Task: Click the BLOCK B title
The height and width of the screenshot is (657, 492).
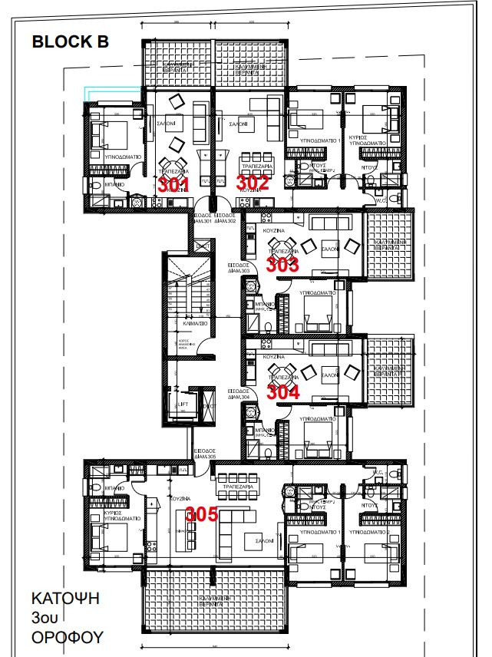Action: pyautogui.click(x=70, y=42)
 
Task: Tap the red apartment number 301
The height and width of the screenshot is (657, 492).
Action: pyautogui.click(x=173, y=184)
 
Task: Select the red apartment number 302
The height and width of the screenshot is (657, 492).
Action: pyautogui.click(x=253, y=182)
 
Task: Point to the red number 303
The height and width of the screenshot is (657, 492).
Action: pyautogui.click(x=282, y=265)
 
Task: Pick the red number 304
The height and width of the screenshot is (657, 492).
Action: pyautogui.click(x=282, y=391)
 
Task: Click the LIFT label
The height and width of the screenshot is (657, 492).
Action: pyautogui.click(x=183, y=404)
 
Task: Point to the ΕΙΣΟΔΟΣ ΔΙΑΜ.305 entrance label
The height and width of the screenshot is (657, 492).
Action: pyautogui.click(x=204, y=453)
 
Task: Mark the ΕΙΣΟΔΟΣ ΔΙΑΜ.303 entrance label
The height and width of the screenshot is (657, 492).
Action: pyautogui.click(x=239, y=269)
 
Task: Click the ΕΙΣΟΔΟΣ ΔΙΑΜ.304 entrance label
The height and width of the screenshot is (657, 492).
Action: pyautogui.click(x=239, y=395)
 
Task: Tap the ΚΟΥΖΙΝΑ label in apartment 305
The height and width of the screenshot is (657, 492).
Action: pyautogui.click(x=180, y=498)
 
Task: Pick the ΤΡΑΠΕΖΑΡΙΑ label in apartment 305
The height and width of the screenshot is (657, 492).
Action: pyautogui.click(x=237, y=477)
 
